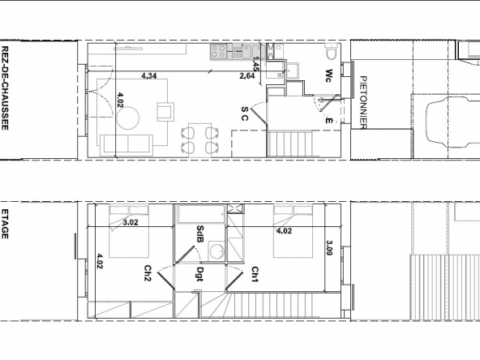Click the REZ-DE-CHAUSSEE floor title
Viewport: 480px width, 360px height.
(x=5, y=88)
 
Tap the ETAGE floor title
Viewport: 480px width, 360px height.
(x=5, y=224)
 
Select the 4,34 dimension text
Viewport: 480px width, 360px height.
(x=149, y=75)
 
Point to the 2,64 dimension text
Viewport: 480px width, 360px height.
(x=247, y=76)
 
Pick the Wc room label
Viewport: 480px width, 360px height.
(x=328, y=75)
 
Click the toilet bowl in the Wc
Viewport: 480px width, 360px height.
(x=331, y=52)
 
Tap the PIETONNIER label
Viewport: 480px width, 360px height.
(x=363, y=102)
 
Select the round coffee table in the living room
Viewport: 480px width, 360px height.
(x=128, y=118)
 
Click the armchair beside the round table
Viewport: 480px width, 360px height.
(x=165, y=112)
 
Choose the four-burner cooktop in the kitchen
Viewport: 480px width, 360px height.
(x=218, y=51)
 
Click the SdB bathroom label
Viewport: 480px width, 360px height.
(x=200, y=234)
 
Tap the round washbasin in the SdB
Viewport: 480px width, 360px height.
(x=216, y=251)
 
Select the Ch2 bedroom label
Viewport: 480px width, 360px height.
(x=148, y=273)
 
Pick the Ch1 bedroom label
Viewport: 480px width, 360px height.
(x=255, y=274)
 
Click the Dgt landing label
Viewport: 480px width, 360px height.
(x=200, y=274)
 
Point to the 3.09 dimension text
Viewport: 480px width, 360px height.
(x=330, y=247)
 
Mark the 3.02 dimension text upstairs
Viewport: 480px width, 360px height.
(x=131, y=222)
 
